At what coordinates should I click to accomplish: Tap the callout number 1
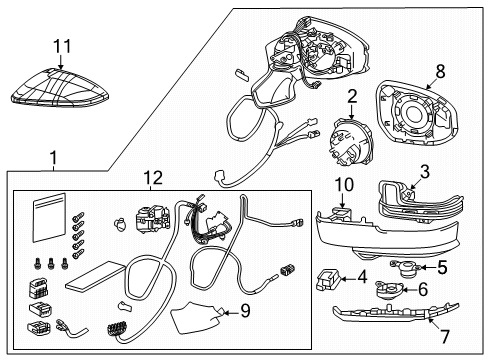52,157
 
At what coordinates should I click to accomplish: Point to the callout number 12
152,179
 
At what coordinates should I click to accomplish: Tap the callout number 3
424,172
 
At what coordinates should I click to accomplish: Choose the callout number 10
344,185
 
